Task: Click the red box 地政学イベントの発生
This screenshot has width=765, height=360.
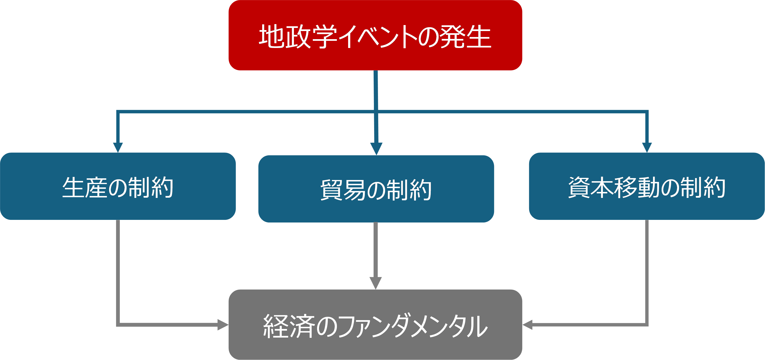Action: tap(375, 35)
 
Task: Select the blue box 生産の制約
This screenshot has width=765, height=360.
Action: tap(118, 186)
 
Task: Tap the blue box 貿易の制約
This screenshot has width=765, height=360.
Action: tap(376, 189)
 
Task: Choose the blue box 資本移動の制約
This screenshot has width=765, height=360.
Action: tap(647, 186)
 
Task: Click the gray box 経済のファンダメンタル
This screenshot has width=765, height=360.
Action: tap(375, 324)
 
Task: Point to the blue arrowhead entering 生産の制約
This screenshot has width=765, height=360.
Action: tap(118, 147)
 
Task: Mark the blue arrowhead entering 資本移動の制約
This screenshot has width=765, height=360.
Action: tap(647, 147)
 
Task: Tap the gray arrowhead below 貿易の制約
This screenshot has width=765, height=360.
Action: tap(376, 283)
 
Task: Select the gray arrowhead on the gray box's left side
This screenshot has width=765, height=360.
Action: tap(223, 325)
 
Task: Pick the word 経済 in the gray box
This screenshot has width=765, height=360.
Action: tap(289, 326)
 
